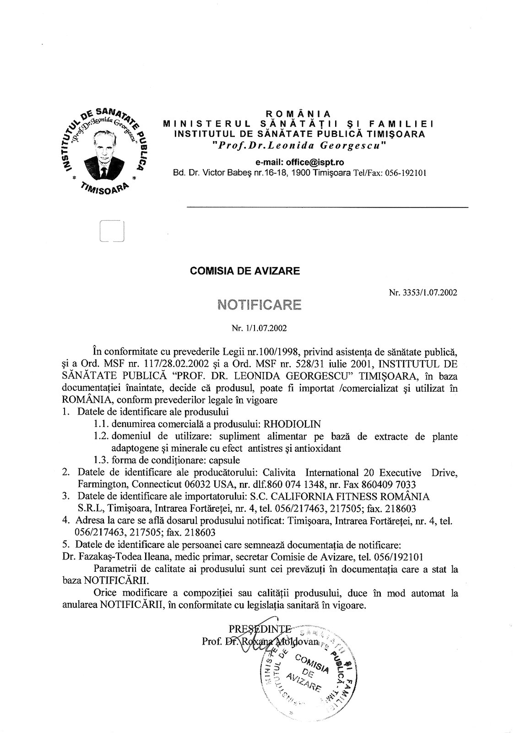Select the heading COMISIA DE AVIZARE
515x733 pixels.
click(245, 271)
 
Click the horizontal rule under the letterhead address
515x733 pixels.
click(327, 208)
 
